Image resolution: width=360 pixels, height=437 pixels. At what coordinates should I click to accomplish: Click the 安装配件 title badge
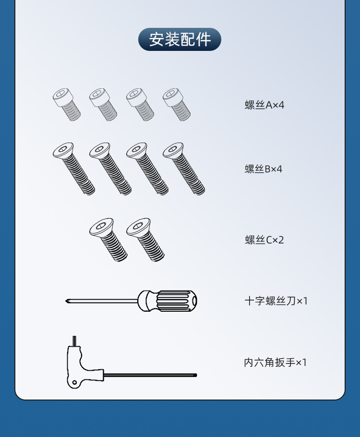click(x=180, y=39)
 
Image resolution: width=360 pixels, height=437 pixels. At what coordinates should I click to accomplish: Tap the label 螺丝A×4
click(x=264, y=105)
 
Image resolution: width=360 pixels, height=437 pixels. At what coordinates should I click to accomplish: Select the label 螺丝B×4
click(x=264, y=169)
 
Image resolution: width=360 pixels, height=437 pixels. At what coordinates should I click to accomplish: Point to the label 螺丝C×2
click(x=264, y=240)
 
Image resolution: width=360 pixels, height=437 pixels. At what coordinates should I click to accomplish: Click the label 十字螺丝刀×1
click(x=276, y=301)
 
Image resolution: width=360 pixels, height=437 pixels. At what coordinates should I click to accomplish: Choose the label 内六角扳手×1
click(x=276, y=362)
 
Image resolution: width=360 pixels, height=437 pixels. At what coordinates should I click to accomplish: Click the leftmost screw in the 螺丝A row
click(x=67, y=105)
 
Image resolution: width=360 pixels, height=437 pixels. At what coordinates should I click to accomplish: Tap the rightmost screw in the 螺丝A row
click(x=177, y=105)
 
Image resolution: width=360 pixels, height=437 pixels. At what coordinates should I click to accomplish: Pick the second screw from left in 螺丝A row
click(x=103, y=105)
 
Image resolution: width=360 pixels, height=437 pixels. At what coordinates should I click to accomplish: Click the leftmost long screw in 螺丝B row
click(x=74, y=169)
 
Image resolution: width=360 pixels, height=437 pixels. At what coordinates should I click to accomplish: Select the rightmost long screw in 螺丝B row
click(x=184, y=169)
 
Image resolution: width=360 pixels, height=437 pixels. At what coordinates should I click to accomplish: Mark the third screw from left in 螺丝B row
click(x=147, y=169)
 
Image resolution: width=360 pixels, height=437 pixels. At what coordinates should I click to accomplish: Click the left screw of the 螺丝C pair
click(x=108, y=240)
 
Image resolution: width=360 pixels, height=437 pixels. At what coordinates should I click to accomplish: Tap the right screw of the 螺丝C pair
click(x=145, y=240)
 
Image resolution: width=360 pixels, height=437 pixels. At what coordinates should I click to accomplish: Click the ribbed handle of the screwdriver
click(x=176, y=301)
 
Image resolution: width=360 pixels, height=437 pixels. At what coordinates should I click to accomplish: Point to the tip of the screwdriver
click(x=66, y=301)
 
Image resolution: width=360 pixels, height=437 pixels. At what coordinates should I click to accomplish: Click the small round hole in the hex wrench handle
click(x=74, y=382)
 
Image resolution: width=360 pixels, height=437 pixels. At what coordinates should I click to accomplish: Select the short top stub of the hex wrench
click(x=74, y=341)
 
